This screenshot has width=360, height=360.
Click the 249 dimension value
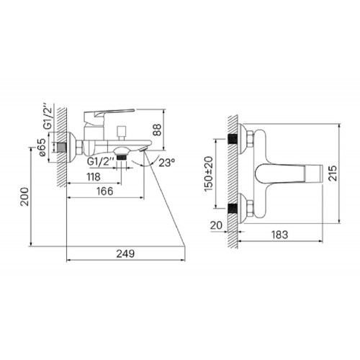point(125,253)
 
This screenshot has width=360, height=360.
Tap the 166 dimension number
point(105,192)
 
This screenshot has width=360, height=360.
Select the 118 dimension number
point(94,177)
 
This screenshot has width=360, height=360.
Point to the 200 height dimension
point(24,197)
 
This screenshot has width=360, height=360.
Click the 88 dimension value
point(158,130)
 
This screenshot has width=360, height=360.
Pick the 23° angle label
point(167,163)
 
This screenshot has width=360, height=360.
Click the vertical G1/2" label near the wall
point(48,117)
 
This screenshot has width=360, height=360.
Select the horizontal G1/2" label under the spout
point(100,161)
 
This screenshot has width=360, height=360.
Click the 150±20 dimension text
point(209,174)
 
